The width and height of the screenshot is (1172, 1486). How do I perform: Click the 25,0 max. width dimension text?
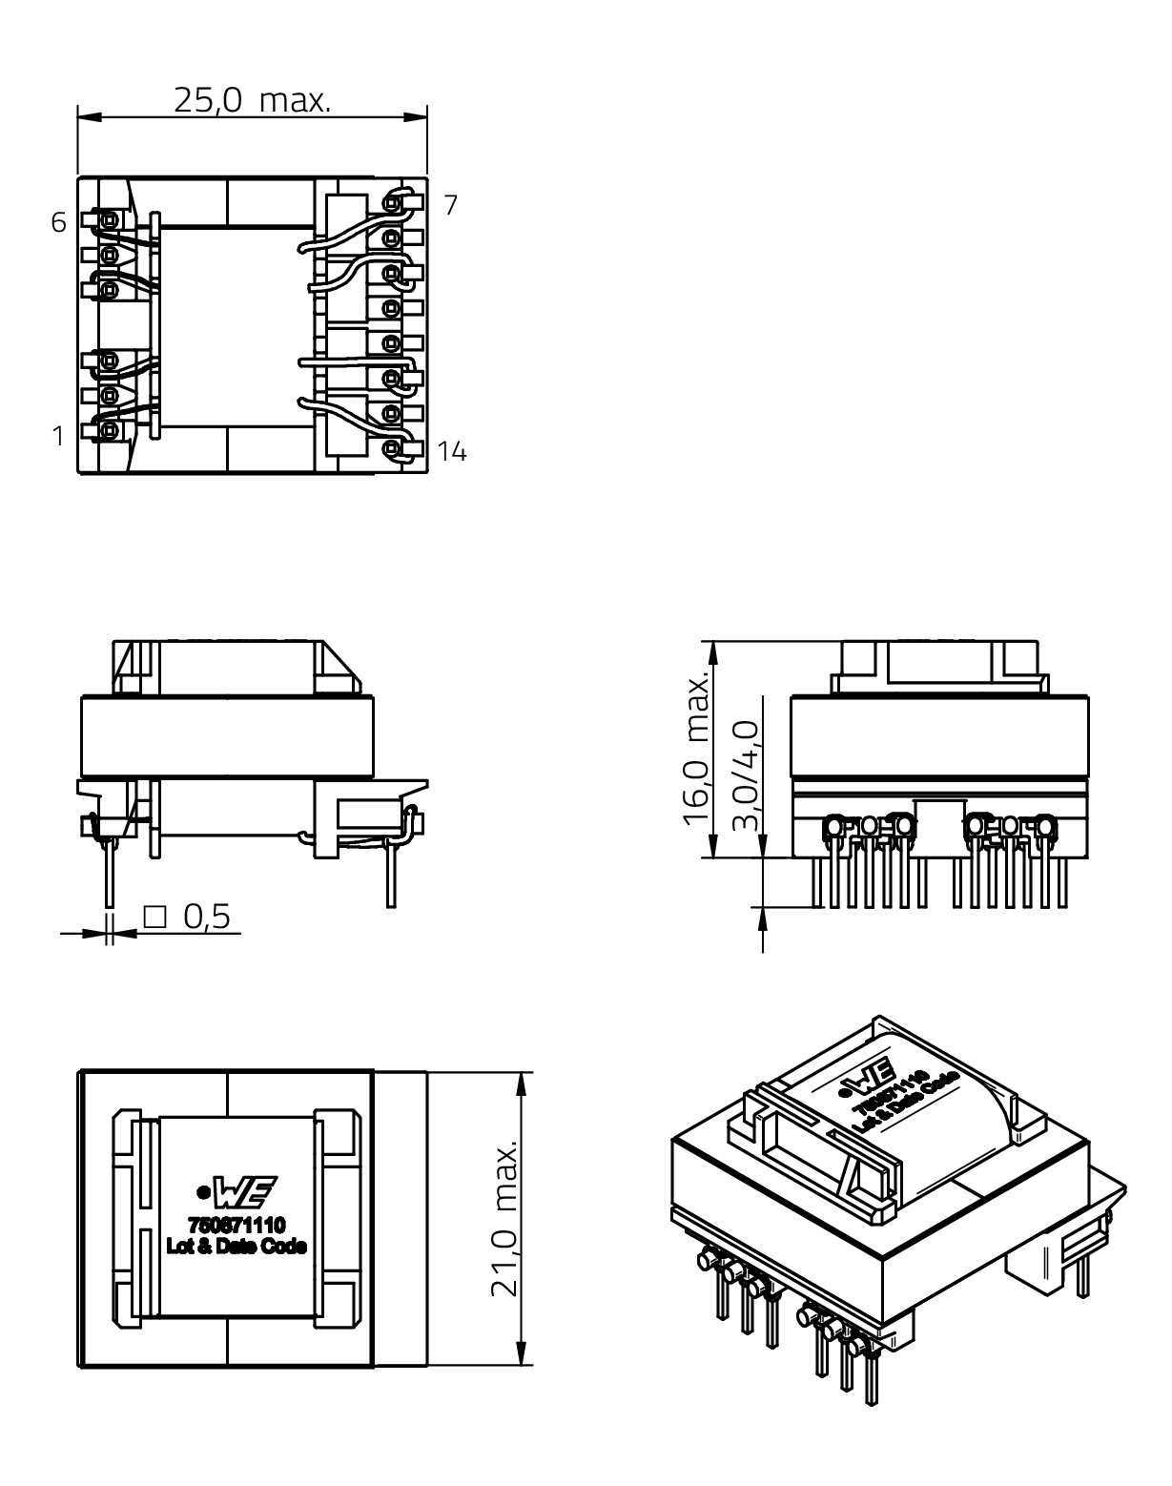[252, 99]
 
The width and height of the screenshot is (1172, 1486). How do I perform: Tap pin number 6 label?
[59, 223]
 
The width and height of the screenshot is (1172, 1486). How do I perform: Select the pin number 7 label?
[451, 204]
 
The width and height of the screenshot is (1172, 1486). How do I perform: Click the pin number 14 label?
[453, 452]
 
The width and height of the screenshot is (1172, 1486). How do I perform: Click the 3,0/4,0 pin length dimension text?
[746, 775]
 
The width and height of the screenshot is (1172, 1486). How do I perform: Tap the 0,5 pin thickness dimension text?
[207, 917]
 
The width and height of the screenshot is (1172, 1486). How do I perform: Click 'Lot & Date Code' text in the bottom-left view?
[236, 1246]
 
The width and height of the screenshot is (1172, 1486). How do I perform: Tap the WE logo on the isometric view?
[874, 1079]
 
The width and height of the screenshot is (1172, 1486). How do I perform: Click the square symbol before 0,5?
[154, 917]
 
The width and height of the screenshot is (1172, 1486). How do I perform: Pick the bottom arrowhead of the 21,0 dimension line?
[522, 1355]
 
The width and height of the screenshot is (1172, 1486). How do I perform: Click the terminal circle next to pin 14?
[392, 447]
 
